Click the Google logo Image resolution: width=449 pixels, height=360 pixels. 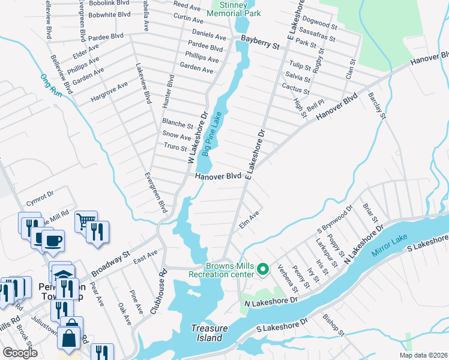coord(20,352)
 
